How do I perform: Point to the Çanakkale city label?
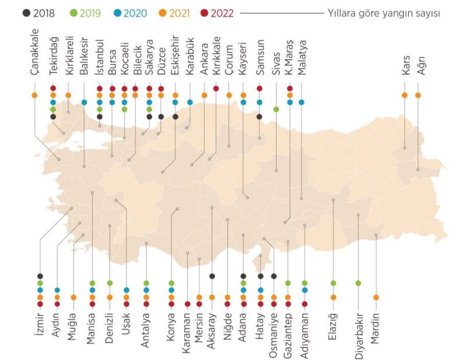tap(34, 67)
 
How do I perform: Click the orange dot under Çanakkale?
tap(34, 95)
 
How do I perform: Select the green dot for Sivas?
tap(277, 109)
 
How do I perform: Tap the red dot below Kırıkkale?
tap(216, 88)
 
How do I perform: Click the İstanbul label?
tap(99, 64)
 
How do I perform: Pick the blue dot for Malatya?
tap(302, 102)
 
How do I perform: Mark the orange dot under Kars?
tap(405, 95)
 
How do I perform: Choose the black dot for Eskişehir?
tap(176, 117)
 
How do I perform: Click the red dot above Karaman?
tap(188, 304)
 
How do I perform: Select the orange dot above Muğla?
tap(74, 297)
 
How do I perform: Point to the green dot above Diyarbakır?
tap(359, 283)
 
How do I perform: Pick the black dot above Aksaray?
tap(212, 276)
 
